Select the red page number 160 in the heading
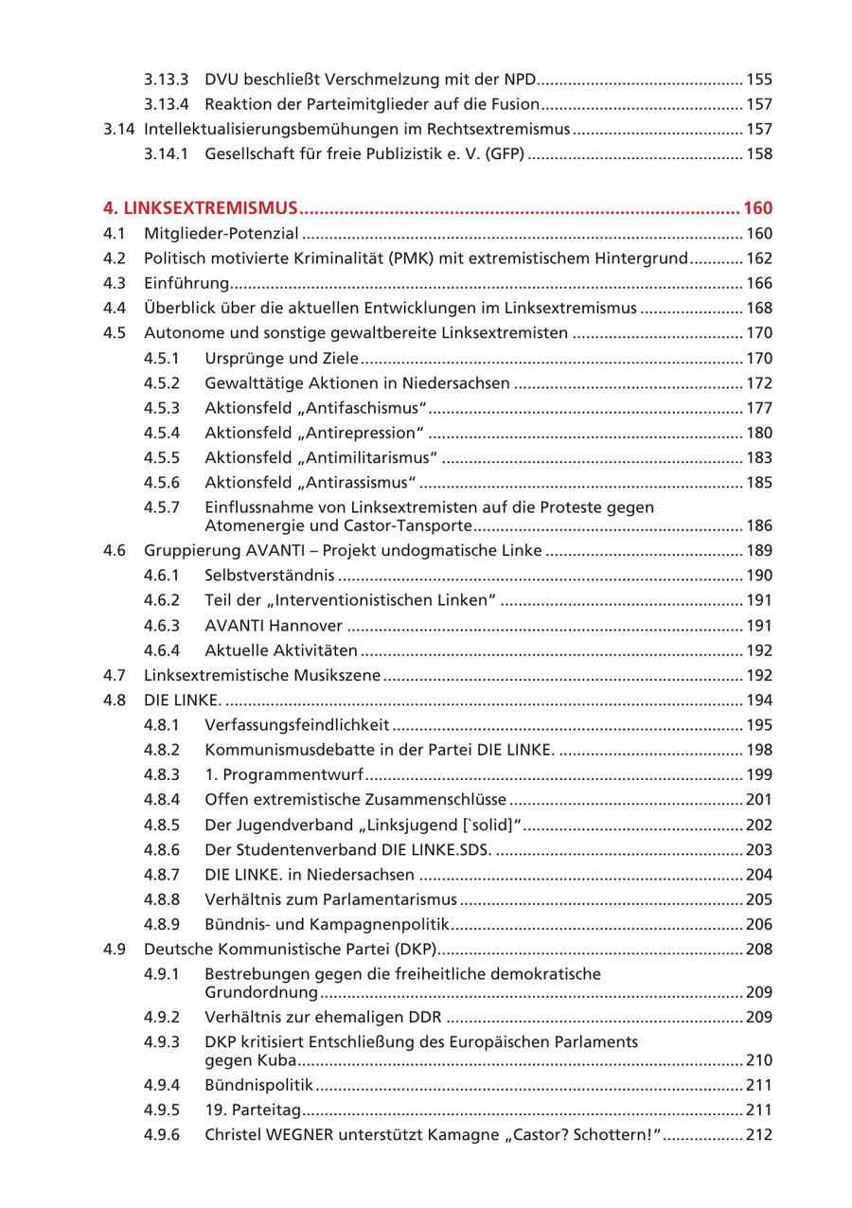(x=757, y=208)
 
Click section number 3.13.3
(x=166, y=80)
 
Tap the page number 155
(x=759, y=80)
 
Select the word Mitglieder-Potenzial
(x=221, y=233)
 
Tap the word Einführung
(x=186, y=283)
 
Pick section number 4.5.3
(x=162, y=408)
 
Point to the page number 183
(x=759, y=457)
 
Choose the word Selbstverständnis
(x=269, y=576)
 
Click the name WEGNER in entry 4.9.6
(x=299, y=1134)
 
